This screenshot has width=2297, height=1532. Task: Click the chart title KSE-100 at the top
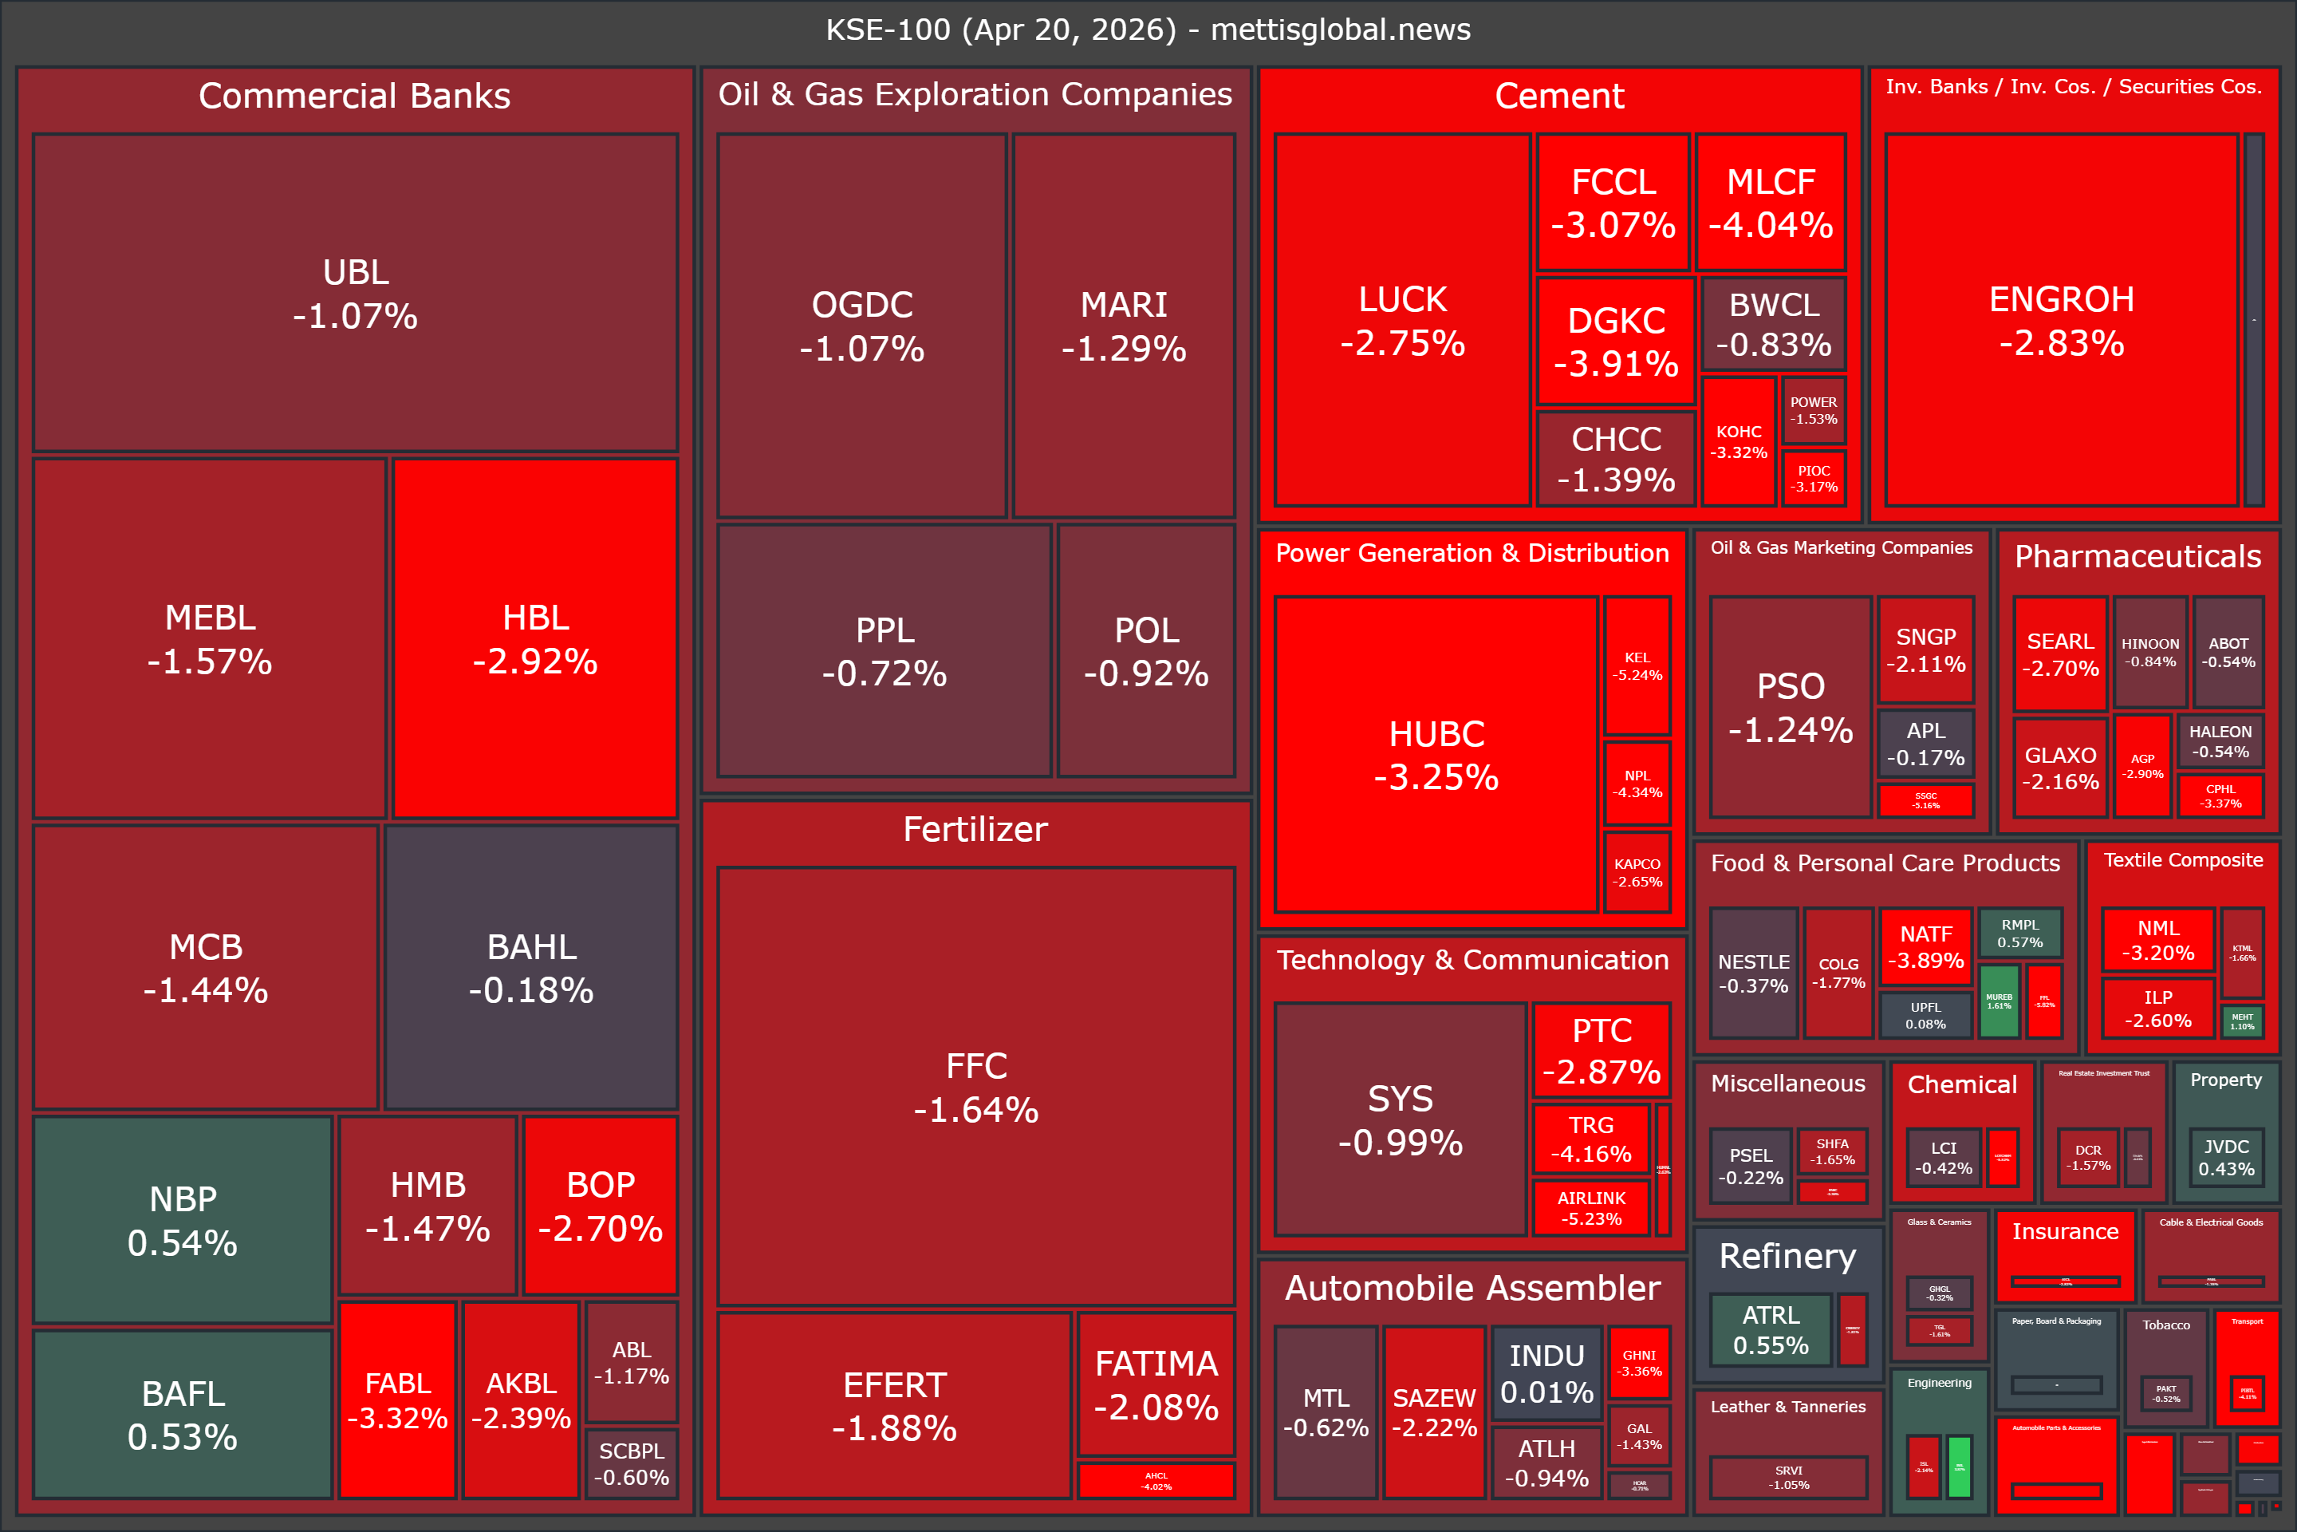pyautogui.click(x=1148, y=30)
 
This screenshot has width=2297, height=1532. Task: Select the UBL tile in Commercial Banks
pyautogui.click(x=356, y=293)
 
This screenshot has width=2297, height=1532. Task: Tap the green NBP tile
pyautogui.click(x=183, y=1219)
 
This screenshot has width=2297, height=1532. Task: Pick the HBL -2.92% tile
pyautogui.click(x=535, y=639)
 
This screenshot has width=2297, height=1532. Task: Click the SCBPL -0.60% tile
pyautogui.click(x=631, y=1463)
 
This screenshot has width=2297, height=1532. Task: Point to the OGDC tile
pyautogui.click(x=861, y=326)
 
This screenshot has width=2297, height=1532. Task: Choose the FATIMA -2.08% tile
pyautogui.click(x=1156, y=1384)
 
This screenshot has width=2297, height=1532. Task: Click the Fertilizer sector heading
pyautogui.click(x=975, y=830)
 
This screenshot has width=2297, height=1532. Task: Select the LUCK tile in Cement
pyautogui.click(x=1401, y=321)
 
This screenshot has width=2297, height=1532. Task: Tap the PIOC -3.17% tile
pyautogui.click(x=1814, y=478)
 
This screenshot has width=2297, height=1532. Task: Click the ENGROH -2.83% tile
pyautogui.click(x=2061, y=321)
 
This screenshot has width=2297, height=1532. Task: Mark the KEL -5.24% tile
pyautogui.click(x=1637, y=665)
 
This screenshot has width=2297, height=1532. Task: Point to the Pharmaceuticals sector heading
pyautogui.click(x=2137, y=556)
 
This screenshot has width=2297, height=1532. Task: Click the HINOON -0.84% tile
pyautogui.click(x=2149, y=652)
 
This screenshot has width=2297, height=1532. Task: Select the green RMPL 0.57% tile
pyautogui.click(x=2019, y=933)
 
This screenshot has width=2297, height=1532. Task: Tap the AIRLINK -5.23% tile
pyautogui.click(x=1591, y=1207)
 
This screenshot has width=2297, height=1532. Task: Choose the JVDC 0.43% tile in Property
pyautogui.click(x=2226, y=1157)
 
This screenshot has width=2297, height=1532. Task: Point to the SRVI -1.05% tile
pyautogui.click(x=1788, y=1477)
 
